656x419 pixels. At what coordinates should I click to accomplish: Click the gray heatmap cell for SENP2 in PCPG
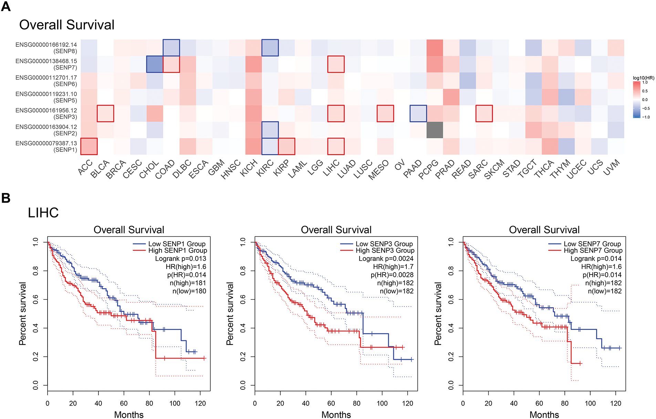click(x=435, y=130)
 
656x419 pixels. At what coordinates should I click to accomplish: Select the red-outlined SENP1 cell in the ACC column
click(x=89, y=146)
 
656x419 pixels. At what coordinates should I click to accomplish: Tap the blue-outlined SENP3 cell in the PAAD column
click(x=418, y=114)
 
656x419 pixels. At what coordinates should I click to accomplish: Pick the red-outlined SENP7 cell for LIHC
click(x=336, y=64)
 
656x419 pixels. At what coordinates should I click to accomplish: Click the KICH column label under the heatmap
click(x=249, y=168)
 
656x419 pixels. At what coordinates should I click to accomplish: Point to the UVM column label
click(x=612, y=168)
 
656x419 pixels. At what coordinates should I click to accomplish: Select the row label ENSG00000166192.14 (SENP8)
click(x=46, y=48)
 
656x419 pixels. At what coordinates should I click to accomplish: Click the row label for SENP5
click(x=46, y=97)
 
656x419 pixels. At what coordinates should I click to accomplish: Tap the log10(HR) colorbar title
click(x=643, y=78)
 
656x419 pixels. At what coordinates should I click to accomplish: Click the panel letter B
click(x=6, y=198)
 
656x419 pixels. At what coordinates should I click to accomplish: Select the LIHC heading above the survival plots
click(x=43, y=213)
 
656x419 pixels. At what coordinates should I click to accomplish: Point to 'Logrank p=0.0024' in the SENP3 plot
click(x=386, y=259)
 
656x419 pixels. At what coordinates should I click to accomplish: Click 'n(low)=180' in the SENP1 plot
click(x=189, y=291)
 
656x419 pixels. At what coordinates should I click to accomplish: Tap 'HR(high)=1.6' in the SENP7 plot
click(x=601, y=267)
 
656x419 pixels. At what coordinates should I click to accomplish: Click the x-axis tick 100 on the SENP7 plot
click(x=590, y=403)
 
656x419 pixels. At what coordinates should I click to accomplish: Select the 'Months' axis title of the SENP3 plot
click(x=336, y=415)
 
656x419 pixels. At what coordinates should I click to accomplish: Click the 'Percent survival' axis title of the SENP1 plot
click(x=23, y=313)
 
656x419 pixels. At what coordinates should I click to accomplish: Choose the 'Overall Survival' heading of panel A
click(x=67, y=25)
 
